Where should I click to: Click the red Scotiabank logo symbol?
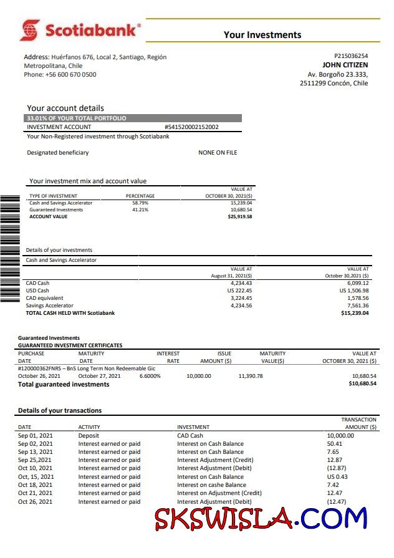30,30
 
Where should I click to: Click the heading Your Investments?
262,35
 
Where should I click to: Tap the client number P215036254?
351,55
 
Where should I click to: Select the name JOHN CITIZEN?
345,65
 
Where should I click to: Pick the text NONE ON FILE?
218,153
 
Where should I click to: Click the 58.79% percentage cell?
140,203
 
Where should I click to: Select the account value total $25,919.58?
240,217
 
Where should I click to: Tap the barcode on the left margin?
10,249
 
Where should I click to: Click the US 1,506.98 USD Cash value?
354,291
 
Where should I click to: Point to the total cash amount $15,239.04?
355,313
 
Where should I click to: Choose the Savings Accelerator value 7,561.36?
355,305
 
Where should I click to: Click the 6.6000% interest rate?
150,376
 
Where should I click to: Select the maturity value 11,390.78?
251,376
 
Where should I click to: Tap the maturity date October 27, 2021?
100,376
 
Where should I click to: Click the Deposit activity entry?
89,436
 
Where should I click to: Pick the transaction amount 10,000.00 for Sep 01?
340,436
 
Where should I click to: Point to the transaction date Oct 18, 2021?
36,485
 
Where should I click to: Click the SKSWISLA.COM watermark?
261,519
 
